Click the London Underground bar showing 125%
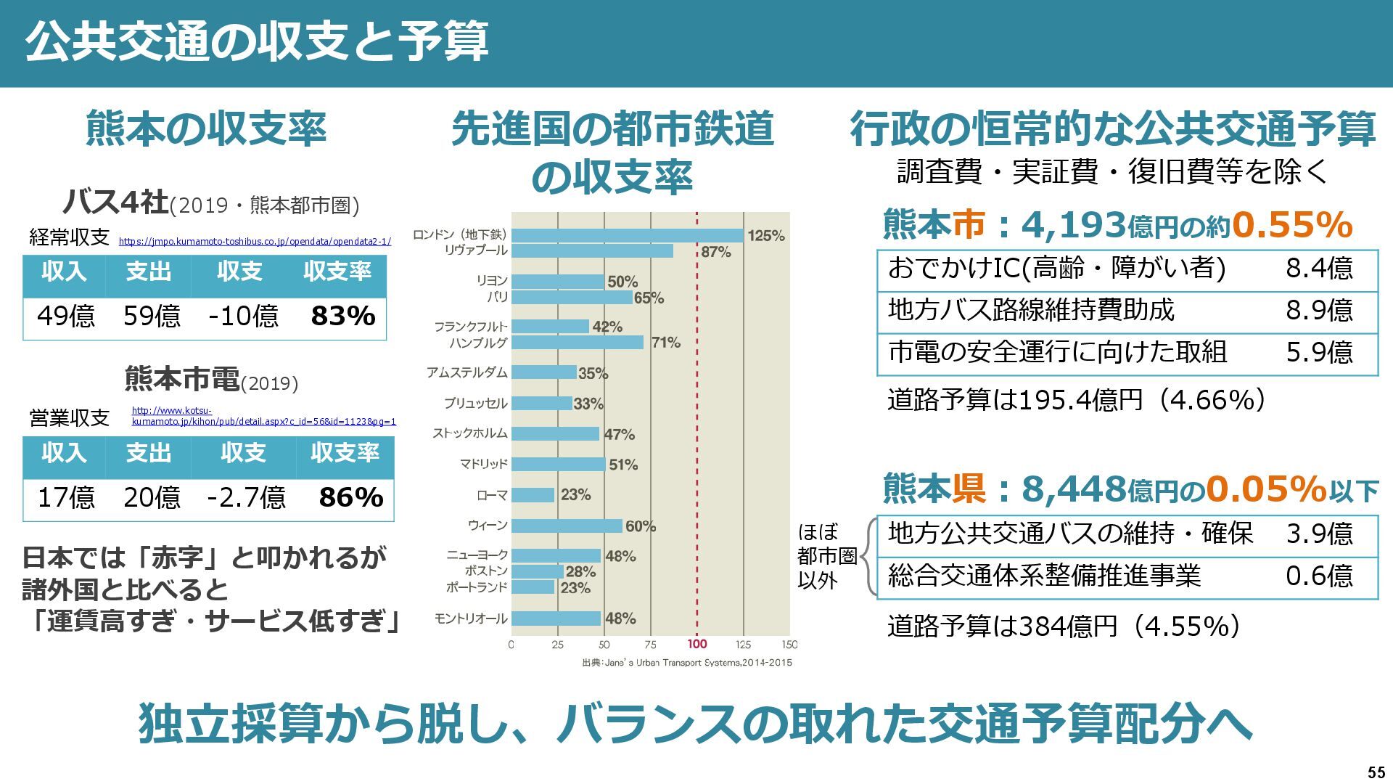click(628, 235)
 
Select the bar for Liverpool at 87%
click(592, 251)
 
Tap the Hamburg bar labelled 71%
click(578, 343)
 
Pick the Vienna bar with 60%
click(567, 526)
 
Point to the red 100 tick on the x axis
click(697, 644)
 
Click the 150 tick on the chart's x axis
click(790, 644)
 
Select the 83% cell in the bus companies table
click(342, 317)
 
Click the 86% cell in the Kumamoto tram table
click(351, 498)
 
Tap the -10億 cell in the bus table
click(243, 317)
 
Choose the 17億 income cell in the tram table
click(66, 498)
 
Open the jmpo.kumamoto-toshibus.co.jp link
click(255, 242)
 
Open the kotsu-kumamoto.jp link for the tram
click(263, 417)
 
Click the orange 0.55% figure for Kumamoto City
click(1291, 225)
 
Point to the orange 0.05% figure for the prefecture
click(1266, 489)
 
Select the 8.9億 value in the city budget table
click(1319, 311)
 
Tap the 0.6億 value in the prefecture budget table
click(1319, 576)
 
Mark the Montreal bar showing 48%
click(556, 618)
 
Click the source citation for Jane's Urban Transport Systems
click(687, 663)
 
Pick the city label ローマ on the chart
click(492, 496)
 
